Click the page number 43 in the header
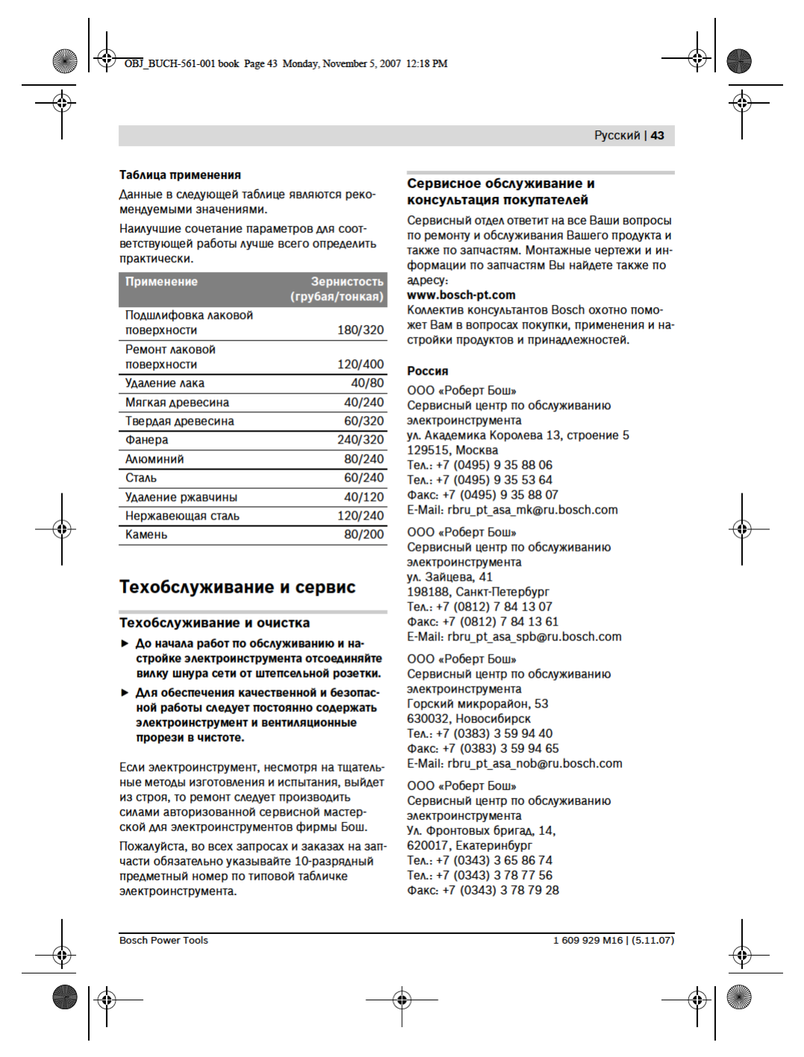coord(657,136)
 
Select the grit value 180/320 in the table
coord(360,330)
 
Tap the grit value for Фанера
coord(360,440)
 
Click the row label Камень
coord(146,534)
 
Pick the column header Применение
coord(161,282)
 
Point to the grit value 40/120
coord(364,497)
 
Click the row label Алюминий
coord(154,459)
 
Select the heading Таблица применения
coord(180,175)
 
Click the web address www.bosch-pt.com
coord(461,295)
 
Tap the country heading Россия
coord(427,371)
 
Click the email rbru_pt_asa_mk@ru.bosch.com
coord(512,510)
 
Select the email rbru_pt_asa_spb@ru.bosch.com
coord(514,637)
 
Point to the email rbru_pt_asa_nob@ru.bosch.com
coord(515,763)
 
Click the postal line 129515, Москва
coord(452,450)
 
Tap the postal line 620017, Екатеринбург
coord(469,845)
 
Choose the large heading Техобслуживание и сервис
coord(237,587)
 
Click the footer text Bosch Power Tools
coord(163,941)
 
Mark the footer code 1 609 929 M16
coord(588,941)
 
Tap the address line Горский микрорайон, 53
coord(477,704)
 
